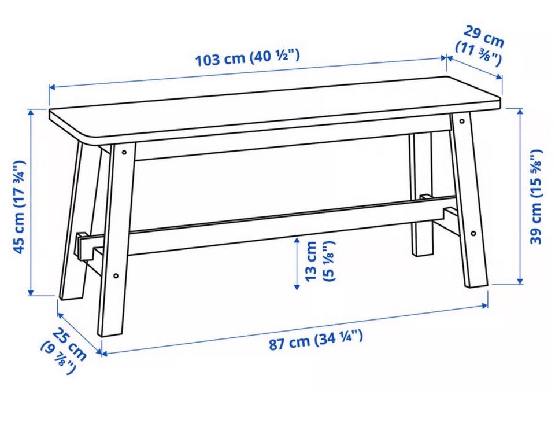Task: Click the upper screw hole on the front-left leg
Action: pyautogui.click(x=124, y=152)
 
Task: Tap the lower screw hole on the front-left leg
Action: pyautogui.click(x=116, y=275)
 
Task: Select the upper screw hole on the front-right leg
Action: pyautogui.click(x=462, y=122)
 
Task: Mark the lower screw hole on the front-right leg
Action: pyautogui.click(x=473, y=234)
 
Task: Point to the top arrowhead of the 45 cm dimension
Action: pyautogui.click(x=31, y=112)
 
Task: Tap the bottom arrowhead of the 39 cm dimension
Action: pyautogui.click(x=520, y=281)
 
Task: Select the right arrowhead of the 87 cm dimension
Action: pyautogui.click(x=485, y=305)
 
